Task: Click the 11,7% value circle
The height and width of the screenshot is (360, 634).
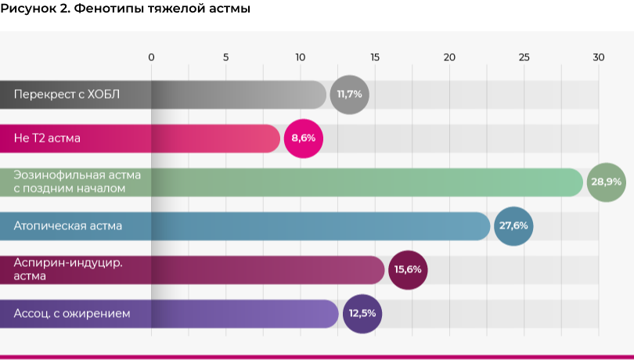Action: point(349,95)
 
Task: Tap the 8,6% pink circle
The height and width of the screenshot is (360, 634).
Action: point(304,139)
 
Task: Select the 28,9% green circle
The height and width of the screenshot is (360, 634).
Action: point(606,182)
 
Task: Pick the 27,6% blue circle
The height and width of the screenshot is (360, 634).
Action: point(513,226)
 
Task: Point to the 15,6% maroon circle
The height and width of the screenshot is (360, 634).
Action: point(408,270)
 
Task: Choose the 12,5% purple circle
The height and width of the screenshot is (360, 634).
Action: point(362,314)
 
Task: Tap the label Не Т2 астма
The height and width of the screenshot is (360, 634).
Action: point(47,139)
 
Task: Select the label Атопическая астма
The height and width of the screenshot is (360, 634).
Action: point(68,226)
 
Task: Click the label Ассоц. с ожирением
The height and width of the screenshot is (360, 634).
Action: point(72,314)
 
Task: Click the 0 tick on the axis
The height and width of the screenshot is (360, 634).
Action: point(151,57)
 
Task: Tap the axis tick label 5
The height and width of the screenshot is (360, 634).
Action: point(226,57)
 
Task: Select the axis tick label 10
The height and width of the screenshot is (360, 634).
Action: point(301,57)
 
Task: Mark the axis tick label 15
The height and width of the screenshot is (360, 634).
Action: point(375,57)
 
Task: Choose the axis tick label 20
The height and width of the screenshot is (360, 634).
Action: point(449,57)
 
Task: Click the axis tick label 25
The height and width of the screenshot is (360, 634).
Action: point(524,57)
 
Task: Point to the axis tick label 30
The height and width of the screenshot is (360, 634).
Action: point(599,57)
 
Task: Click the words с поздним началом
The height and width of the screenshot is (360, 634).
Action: point(69,189)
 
